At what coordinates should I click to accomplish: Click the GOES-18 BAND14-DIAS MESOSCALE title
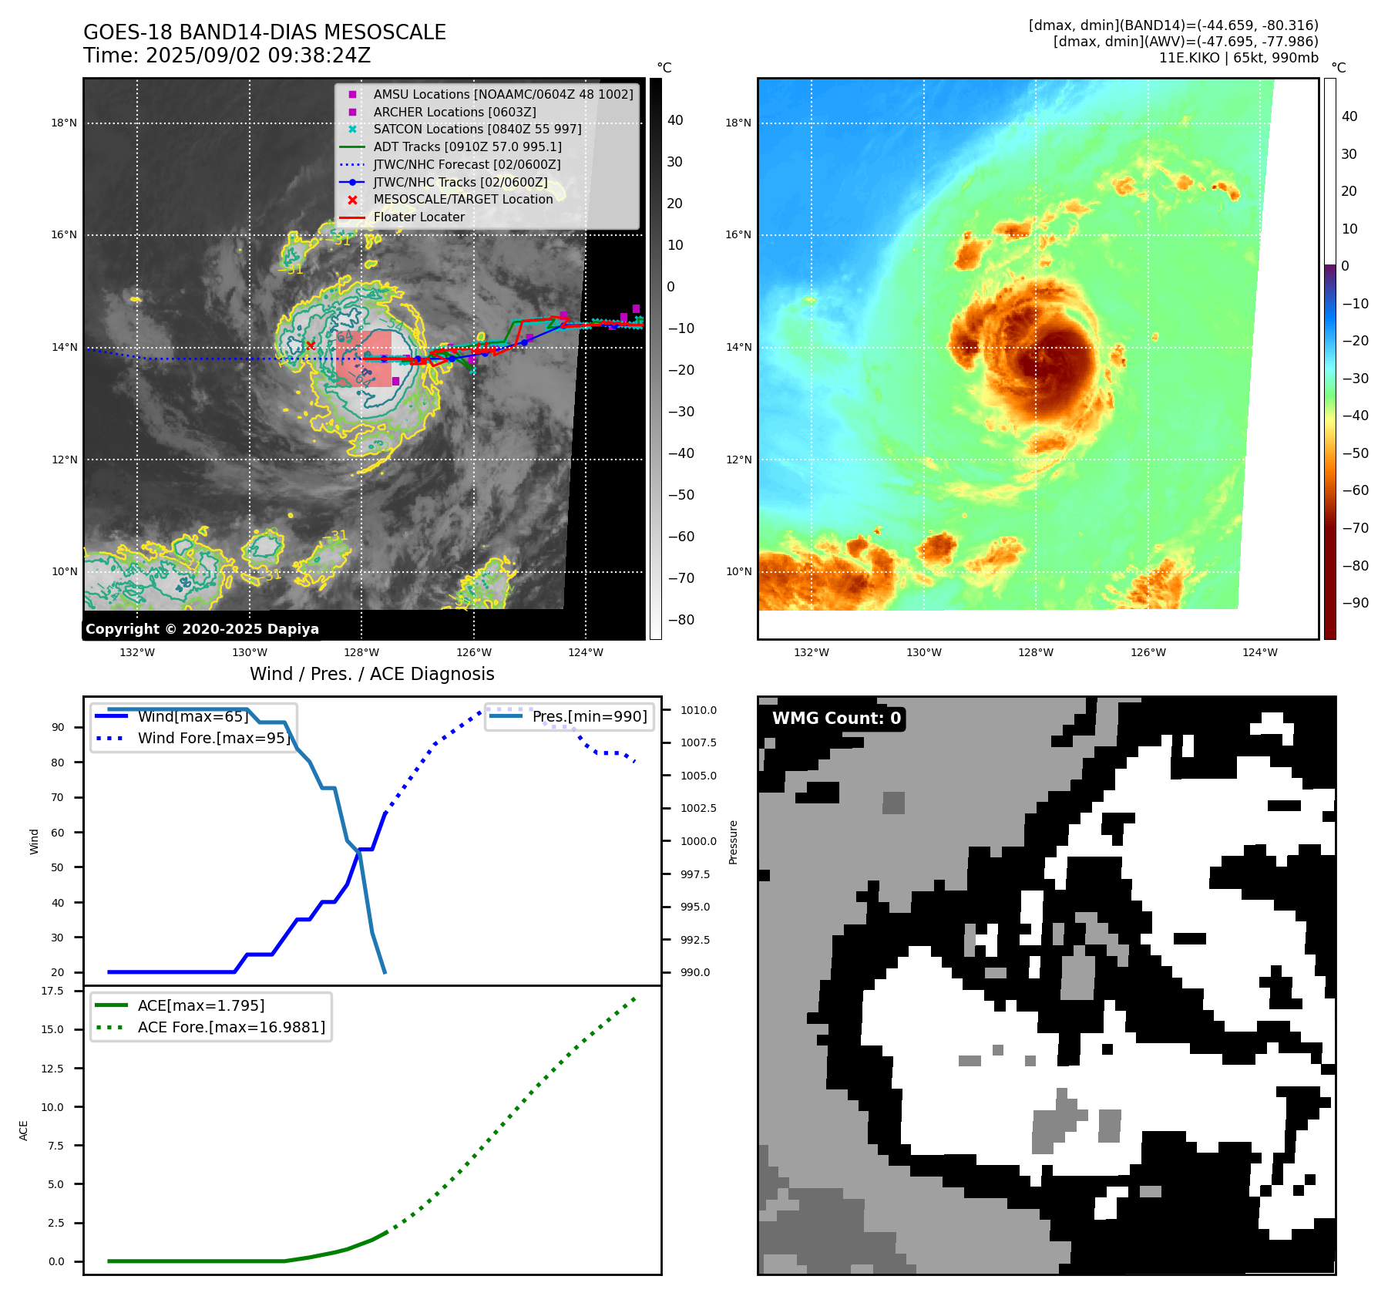(264, 32)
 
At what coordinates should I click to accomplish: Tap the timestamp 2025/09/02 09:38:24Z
(258, 56)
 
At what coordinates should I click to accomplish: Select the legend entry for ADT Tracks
(467, 146)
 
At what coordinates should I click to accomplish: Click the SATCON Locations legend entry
(477, 129)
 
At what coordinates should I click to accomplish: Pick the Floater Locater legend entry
(418, 217)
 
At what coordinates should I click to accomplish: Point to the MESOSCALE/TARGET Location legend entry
(462, 200)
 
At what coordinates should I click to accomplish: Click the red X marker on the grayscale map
(311, 345)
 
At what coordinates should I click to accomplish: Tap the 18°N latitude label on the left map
(64, 123)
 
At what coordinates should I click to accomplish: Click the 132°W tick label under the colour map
(812, 652)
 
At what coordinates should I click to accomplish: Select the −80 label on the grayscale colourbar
(681, 620)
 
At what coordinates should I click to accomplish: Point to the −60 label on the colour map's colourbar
(1355, 490)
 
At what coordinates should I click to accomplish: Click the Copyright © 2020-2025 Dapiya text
(202, 629)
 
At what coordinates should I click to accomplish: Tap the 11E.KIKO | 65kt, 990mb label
(1238, 58)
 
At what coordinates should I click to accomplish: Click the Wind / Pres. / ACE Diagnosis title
(371, 674)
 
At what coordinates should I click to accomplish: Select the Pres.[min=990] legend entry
(590, 716)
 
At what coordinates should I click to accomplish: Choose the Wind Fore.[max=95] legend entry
(213, 738)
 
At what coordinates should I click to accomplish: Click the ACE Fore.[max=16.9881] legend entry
(231, 1027)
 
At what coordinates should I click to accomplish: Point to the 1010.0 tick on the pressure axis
(698, 710)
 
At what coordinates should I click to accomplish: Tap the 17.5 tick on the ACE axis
(52, 991)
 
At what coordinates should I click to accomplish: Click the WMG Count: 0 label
(836, 719)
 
